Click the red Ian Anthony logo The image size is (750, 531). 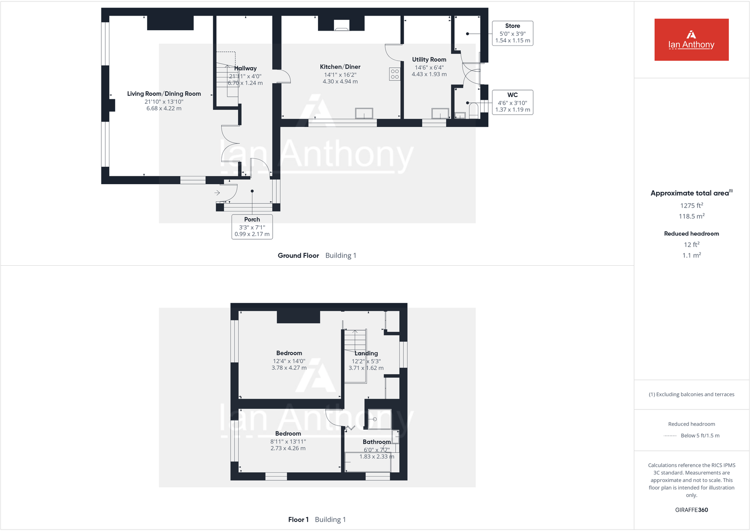click(691, 40)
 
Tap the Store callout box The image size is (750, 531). click(512, 33)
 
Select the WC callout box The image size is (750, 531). click(512, 102)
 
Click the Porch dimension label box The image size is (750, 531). click(252, 227)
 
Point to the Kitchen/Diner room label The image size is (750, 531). click(340, 67)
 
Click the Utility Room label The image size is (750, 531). click(429, 59)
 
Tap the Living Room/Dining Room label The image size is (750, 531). click(164, 94)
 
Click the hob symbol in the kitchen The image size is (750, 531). click(395, 74)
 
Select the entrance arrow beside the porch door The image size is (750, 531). click(217, 193)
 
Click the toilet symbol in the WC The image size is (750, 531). click(474, 111)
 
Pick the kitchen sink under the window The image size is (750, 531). click(364, 114)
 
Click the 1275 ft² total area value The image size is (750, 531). click(691, 205)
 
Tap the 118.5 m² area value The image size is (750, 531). click(691, 216)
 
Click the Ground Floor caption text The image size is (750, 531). click(298, 255)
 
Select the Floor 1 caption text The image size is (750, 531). click(298, 519)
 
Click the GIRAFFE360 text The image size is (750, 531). click(691, 510)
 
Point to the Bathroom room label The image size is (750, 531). click(376, 442)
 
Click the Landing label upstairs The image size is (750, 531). click(366, 353)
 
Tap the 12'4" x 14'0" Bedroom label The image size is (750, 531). click(289, 353)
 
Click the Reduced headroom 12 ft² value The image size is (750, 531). click(691, 245)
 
